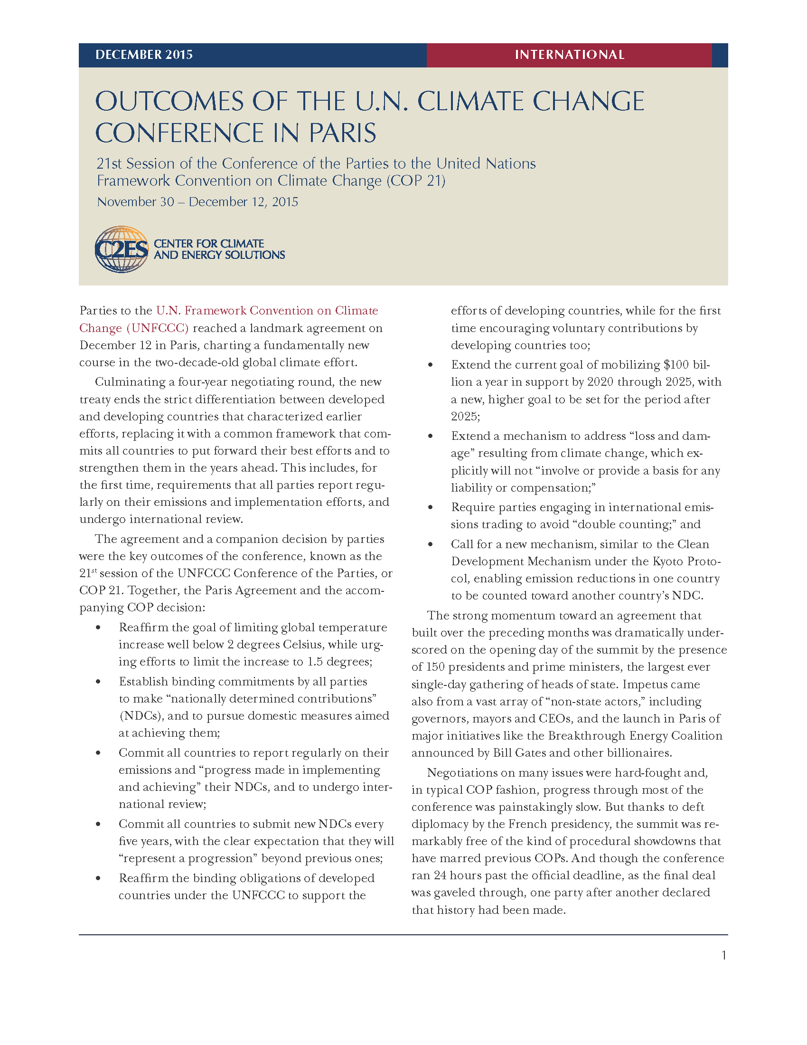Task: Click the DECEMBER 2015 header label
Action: pos(144,55)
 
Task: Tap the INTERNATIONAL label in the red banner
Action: pos(569,55)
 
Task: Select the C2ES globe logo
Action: pos(122,249)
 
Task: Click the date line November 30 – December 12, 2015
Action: pos(197,202)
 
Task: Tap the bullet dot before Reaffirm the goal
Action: pos(98,628)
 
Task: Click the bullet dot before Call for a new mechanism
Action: pos(431,544)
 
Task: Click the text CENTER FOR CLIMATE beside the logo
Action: pos(209,244)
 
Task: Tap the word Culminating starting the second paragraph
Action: pos(125,382)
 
